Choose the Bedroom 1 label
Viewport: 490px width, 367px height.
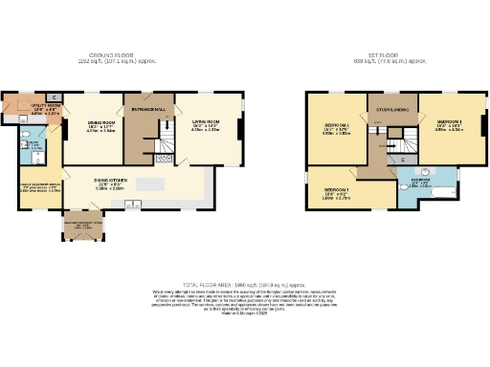450,122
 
